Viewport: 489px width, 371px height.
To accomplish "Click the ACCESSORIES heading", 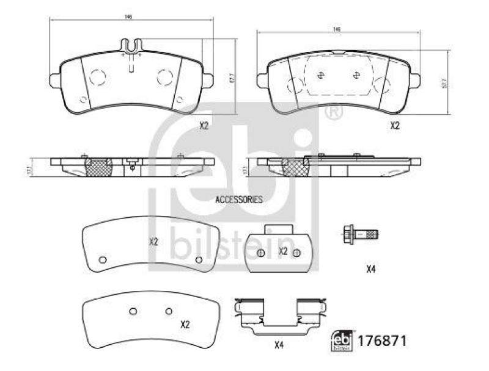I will tap(238, 200).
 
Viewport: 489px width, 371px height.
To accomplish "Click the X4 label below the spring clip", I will tap(279, 346).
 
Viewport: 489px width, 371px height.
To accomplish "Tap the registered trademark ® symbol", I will tap(332, 113).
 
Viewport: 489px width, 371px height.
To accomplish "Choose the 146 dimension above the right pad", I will tap(336, 29).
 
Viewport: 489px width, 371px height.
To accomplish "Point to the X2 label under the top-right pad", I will tap(394, 126).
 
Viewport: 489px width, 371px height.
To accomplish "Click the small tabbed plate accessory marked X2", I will tap(279, 250).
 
